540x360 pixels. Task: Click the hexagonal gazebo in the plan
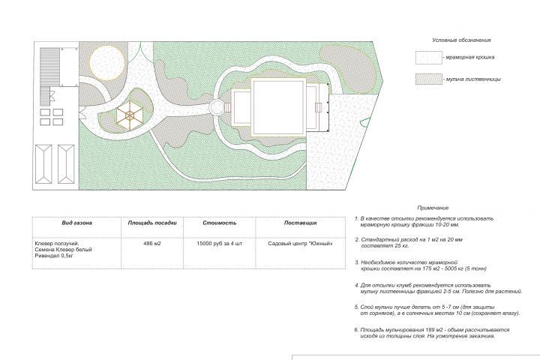coord(130,115)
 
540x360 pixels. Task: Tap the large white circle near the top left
coord(107,63)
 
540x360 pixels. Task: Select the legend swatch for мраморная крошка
coord(429,58)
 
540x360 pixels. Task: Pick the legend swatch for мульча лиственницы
coord(429,79)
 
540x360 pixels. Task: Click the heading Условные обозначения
coord(461,40)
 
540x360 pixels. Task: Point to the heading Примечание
coord(433,208)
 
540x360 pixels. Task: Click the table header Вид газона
coord(76,223)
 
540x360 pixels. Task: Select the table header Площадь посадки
coord(152,223)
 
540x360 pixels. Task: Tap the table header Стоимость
coord(219,223)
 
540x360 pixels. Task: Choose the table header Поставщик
coord(300,223)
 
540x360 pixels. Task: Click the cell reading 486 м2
coord(151,244)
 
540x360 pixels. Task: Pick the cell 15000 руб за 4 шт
coord(219,244)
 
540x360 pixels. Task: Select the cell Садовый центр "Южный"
coord(300,244)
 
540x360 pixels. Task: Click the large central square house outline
coord(278,107)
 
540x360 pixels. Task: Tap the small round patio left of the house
coord(217,107)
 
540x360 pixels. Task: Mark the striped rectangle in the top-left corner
coord(50,67)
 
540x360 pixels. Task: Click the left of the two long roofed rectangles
coord(43,163)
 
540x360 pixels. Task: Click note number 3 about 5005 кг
coord(421,265)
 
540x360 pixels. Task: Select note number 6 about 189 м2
coord(432,333)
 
